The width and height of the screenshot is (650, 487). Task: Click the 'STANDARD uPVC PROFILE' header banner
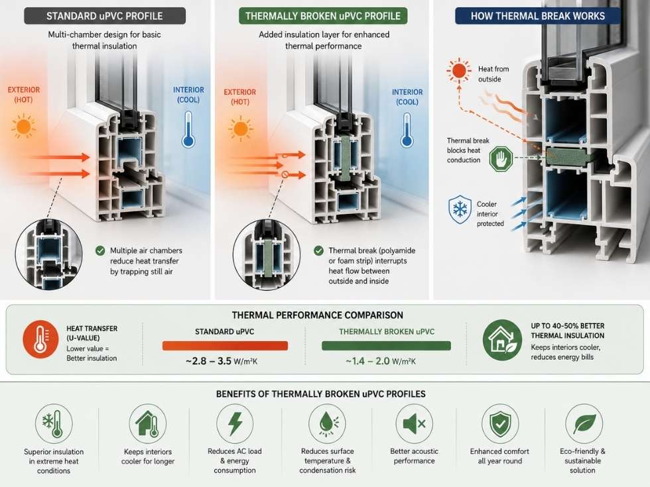[105, 16]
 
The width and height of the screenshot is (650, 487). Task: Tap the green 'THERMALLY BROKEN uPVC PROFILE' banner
[323, 16]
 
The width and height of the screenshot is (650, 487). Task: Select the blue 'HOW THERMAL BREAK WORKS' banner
[538, 16]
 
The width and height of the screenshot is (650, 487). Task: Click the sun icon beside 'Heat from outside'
[459, 70]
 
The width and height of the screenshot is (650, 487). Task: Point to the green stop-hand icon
[501, 158]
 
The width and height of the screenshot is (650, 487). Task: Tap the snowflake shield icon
[460, 209]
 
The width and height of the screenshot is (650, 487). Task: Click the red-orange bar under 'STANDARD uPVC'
[225, 346]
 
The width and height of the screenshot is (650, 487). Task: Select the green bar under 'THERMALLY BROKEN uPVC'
[386, 346]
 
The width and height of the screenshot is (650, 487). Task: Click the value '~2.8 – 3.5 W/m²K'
[222, 361]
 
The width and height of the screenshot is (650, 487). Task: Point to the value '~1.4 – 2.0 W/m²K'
[381, 361]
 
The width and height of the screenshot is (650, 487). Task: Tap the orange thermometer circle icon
[40, 339]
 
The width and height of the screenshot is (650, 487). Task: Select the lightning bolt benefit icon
[235, 423]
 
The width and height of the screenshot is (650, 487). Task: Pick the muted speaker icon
[414, 423]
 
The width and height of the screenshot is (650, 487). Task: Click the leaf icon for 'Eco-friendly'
[584, 423]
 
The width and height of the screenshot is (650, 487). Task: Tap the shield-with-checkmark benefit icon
[500, 423]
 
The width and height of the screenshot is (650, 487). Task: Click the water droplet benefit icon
[328, 423]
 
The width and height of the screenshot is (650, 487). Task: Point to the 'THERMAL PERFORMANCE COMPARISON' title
[318, 315]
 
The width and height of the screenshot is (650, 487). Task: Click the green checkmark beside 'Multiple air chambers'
[100, 250]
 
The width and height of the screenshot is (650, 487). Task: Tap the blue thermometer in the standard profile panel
[188, 130]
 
